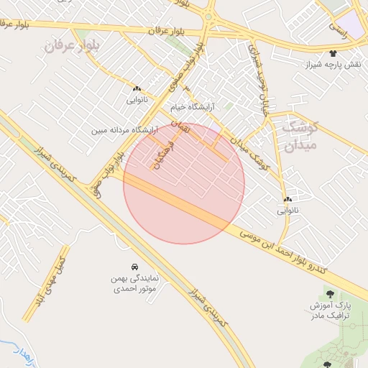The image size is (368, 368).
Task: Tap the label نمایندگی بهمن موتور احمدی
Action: point(139,284)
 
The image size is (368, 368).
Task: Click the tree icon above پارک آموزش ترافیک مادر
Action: point(330,293)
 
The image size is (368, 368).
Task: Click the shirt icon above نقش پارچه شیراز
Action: point(333,53)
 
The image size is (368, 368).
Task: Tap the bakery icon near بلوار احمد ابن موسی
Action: point(287,199)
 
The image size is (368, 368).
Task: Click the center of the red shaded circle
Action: point(184,183)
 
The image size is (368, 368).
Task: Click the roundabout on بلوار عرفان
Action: point(209,16)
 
